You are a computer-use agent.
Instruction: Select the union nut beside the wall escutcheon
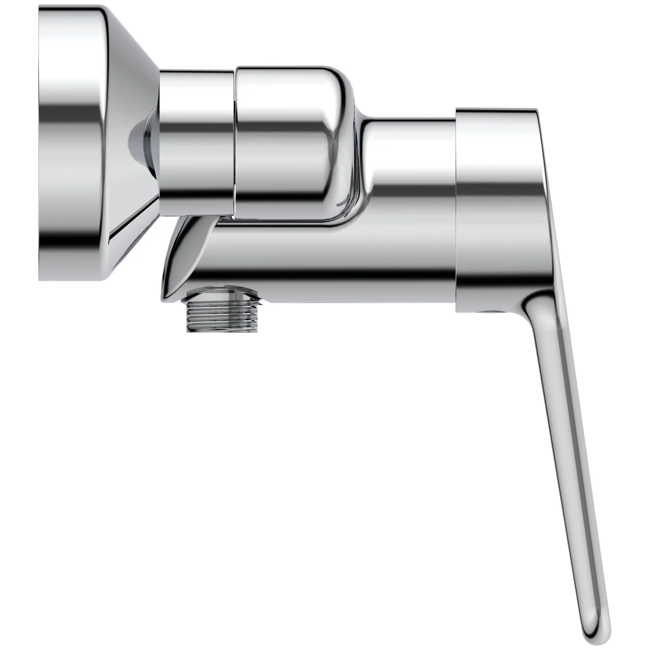(x=196, y=141)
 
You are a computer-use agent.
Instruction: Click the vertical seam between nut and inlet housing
(x=235, y=141)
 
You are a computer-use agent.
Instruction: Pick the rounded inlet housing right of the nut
(x=289, y=141)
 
